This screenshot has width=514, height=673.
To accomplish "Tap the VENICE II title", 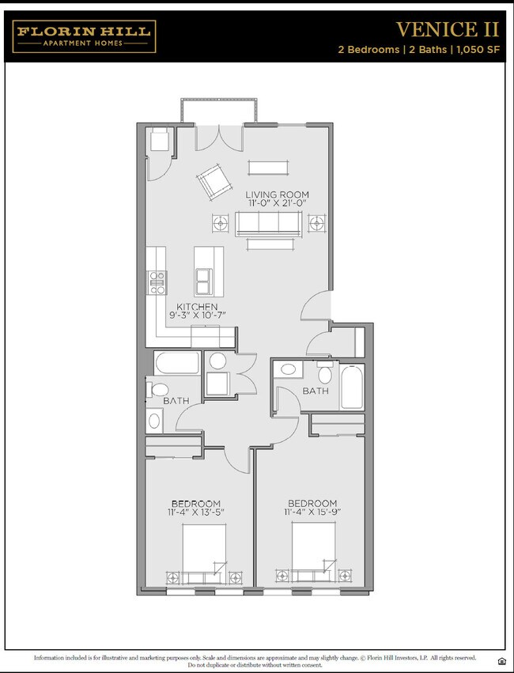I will tap(447, 29).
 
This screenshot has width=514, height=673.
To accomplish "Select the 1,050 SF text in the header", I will tap(478, 50).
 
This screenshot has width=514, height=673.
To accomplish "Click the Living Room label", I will tap(277, 195).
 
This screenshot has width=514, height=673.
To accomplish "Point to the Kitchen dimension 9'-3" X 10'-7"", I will tap(197, 316).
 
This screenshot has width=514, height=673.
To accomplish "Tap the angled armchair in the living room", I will tap(213, 183).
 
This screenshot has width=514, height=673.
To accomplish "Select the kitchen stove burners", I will tap(157, 278).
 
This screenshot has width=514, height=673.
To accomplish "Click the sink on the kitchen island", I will tap(205, 278).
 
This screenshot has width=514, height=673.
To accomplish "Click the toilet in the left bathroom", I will tap(158, 390).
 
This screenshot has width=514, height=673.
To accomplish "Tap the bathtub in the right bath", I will tap(351, 387).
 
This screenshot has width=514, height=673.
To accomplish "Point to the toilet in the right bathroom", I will tap(326, 372).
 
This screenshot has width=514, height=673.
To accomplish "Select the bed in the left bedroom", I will tap(204, 554).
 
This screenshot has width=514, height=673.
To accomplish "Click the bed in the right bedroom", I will tap(313, 554).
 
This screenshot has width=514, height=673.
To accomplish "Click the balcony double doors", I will tap(219, 138).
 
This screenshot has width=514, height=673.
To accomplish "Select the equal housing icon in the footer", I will tap(501, 660).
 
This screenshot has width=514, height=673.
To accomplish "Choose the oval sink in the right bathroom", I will tap(289, 369).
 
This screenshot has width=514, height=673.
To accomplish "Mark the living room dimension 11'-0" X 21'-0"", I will tap(277, 205).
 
